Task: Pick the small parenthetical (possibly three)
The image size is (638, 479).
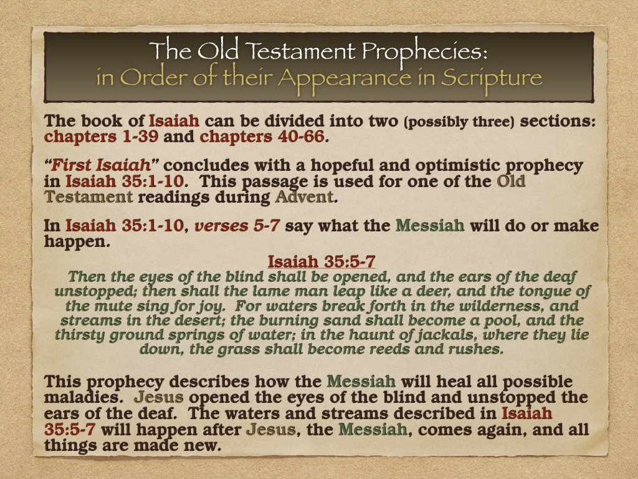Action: (x=459, y=122)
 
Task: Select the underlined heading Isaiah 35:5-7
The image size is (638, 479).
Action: (x=321, y=261)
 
